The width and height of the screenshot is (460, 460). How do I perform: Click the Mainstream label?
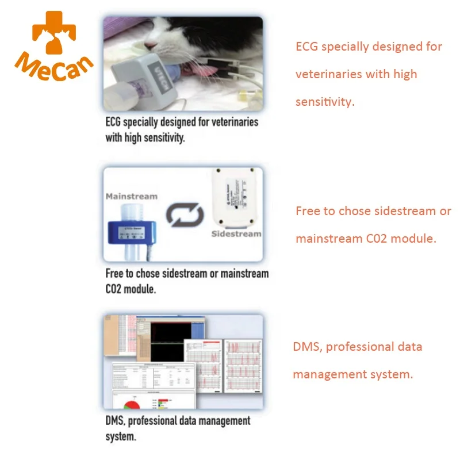[x=131, y=196]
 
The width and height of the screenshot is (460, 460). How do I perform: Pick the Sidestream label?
[x=236, y=234]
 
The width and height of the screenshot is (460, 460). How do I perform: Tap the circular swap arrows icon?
[x=185, y=216]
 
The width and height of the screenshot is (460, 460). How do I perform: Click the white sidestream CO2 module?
[x=235, y=198]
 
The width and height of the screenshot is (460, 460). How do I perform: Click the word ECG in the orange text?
[x=307, y=47]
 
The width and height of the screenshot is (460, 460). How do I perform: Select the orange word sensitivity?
[x=323, y=102]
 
